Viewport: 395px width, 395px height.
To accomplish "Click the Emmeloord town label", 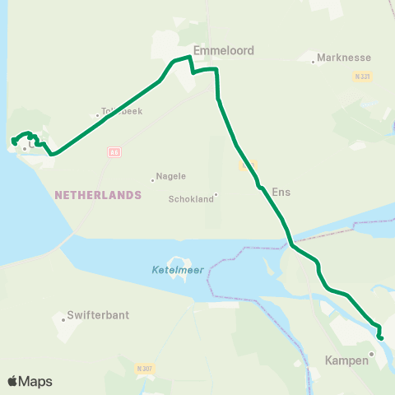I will pos(223,50).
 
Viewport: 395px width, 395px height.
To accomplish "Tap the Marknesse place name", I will pos(344,58).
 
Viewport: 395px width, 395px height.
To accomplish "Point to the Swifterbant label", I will pos(99,314).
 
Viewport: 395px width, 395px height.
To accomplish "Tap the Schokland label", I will pos(190,198).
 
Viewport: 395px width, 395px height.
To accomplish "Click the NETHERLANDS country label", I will pos(98,195).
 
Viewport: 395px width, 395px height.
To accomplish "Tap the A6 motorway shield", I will pos(114,152).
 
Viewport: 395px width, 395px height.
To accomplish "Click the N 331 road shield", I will pos(360,76).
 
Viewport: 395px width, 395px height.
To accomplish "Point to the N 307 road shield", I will pos(142,369).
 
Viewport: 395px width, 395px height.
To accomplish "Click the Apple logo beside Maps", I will pos(13,381).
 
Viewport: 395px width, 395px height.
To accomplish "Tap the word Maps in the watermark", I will pos(36,381).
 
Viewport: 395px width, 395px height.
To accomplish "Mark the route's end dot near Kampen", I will pos(380,337).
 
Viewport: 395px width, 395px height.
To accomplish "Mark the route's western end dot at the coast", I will pos(14,142).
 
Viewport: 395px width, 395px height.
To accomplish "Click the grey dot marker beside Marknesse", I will pos(314,62).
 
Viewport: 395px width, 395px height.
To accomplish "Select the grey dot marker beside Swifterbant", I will pos(63,319).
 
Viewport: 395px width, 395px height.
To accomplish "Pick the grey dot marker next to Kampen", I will pos(371,354).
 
